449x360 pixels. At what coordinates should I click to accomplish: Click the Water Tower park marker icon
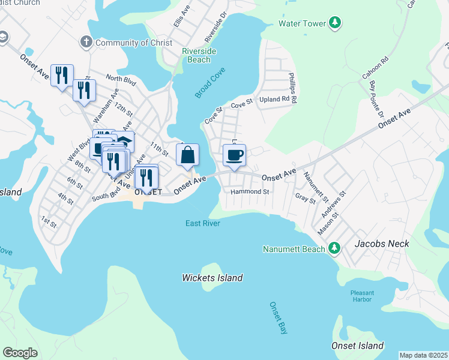pyautogui.click(x=335, y=23)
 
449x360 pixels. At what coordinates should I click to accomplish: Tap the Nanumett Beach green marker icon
pyautogui.click(x=335, y=248)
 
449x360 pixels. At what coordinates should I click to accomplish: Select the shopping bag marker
pyautogui.click(x=187, y=155)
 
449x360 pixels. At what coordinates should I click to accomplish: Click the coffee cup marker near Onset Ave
pyautogui.click(x=234, y=155)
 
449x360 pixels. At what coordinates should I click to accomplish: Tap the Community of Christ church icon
pyautogui.click(x=86, y=43)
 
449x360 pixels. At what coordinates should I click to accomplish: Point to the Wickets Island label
pyautogui.click(x=212, y=278)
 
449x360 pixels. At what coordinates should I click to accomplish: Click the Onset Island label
pyautogui.click(x=357, y=346)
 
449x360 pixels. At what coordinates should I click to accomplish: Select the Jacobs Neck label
pyautogui.click(x=382, y=244)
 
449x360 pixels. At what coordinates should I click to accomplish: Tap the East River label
pyautogui.click(x=202, y=223)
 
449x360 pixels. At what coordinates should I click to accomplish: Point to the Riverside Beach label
pyautogui.click(x=199, y=56)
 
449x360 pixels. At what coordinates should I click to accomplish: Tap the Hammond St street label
pyautogui.click(x=250, y=191)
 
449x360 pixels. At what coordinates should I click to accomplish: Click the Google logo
pyautogui.click(x=20, y=353)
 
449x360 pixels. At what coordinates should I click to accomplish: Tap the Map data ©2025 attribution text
pyautogui.click(x=423, y=355)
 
